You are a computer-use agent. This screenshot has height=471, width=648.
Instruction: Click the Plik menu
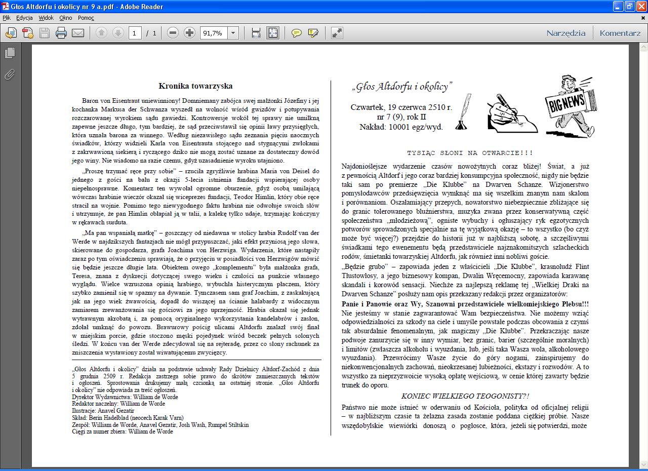click(7, 18)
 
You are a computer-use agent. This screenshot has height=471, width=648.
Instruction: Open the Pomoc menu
click(86, 18)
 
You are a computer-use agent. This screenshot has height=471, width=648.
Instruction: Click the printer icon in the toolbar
click(61, 33)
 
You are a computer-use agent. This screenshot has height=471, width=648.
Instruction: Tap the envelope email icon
click(78, 33)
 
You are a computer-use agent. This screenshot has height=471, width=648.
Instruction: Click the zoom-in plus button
click(189, 33)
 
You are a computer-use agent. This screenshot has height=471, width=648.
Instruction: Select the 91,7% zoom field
click(213, 33)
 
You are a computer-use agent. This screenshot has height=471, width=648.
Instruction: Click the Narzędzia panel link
click(565, 33)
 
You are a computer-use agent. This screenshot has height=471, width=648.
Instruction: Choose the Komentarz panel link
click(620, 33)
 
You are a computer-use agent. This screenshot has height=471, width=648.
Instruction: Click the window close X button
click(641, 7)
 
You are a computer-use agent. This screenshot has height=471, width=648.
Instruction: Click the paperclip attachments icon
click(9, 74)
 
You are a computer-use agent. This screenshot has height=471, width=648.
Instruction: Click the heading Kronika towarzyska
click(195, 86)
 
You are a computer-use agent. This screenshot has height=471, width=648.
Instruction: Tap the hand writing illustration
click(509, 113)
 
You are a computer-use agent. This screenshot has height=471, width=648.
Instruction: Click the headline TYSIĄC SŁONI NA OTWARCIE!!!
click(470, 153)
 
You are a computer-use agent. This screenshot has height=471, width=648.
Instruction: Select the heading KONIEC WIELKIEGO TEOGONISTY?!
click(465, 396)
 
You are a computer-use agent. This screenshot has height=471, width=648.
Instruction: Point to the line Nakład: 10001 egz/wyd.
click(401, 127)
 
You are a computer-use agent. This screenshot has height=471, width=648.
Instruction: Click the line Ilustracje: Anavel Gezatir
click(103, 411)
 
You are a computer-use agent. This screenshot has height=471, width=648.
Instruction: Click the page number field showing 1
click(135, 33)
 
